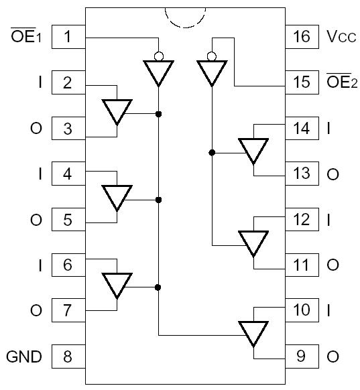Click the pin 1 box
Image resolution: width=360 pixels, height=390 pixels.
coord(67,36)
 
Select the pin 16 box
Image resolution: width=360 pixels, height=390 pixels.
coord(302,36)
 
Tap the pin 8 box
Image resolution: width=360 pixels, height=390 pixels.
coord(67,356)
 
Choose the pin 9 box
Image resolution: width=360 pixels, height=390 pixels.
coord(302,356)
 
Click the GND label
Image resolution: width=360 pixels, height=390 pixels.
coord(24,356)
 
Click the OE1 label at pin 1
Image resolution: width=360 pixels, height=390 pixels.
coord(27,37)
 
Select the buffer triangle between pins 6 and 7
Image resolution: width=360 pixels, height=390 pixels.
coord(117,285)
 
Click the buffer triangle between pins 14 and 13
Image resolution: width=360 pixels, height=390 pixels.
coord(254,150)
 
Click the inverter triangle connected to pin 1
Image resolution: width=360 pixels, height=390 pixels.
coord(159,71)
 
